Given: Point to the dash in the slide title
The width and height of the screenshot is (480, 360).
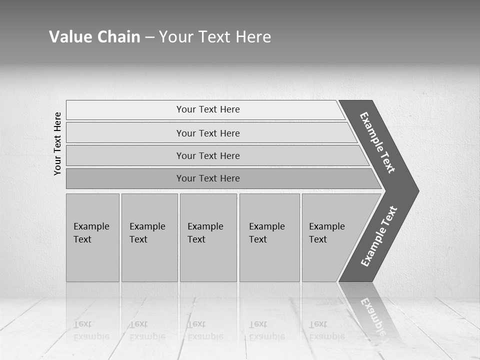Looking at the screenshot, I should pos(149,37).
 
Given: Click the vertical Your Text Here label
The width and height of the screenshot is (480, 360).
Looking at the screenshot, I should pos(57,144).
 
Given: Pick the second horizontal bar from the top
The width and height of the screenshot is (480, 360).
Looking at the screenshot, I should pos(207,133).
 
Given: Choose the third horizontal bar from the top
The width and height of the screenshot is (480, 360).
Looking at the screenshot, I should pos(207,155).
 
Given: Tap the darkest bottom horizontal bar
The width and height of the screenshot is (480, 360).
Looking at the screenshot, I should pos(207,178).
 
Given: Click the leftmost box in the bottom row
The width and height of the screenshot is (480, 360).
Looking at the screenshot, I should pos(92,237).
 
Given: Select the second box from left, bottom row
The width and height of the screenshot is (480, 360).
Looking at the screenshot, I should pos(149,237).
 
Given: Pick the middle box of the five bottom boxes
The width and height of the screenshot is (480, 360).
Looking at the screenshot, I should pos(208,237).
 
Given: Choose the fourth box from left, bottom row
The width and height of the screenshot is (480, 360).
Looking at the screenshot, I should pos(269,237).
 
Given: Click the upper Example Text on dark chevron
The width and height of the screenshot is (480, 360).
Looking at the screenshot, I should pos(377,142).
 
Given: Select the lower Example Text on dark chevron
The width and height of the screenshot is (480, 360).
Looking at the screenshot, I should pos(378,236).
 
